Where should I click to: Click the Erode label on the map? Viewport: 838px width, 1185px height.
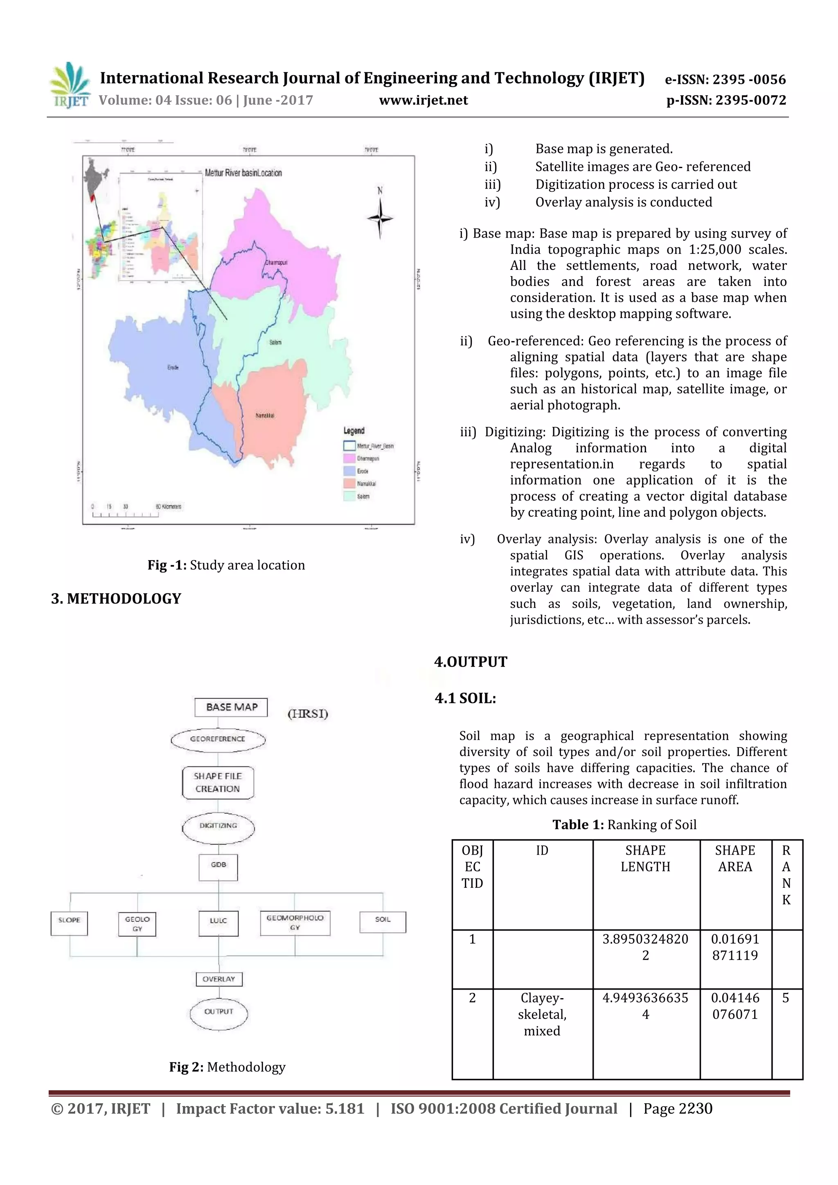pos(173,368)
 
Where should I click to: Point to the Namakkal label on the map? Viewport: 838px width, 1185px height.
pos(265,415)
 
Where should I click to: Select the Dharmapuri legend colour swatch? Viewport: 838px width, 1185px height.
pos(349,458)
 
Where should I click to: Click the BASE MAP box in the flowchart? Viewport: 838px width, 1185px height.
pos(231,707)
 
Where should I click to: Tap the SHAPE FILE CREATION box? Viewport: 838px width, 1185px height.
pos(218,782)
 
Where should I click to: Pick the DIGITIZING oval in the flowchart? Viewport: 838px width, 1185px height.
pos(218,826)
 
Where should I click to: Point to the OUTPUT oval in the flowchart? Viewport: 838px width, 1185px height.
pos(219,1012)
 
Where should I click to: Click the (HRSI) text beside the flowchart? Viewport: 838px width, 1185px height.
pos(308,714)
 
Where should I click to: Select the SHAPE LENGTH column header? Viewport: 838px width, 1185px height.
pos(645,859)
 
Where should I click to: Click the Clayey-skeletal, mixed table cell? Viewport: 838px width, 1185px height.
pos(542,1014)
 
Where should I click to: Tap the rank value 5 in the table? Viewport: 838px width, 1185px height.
pos(785,998)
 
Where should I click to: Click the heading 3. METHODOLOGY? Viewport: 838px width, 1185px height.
pos(116,599)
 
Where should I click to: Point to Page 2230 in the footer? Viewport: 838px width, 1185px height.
pos(678,1109)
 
